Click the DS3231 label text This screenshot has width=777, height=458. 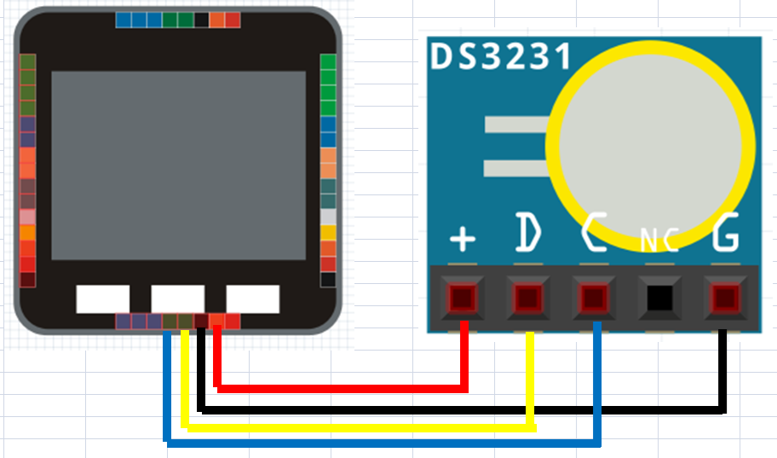pyautogui.click(x=501, y=56)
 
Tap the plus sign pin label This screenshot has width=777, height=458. pyautogui.click(x=463, y=239)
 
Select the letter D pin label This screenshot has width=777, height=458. pyautogui.click(x=527, y=231)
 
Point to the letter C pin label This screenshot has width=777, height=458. pyautogui.click(x=594, y=231)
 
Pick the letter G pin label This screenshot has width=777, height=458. pyautogui.click(x=726, y=231)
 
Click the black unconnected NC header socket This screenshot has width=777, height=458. pyautogui.click(x=659, y=299)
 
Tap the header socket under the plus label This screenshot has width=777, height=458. pyautogui.click(x=463, y=299)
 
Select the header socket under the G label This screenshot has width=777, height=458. pyautogui.click(x=725, y=299)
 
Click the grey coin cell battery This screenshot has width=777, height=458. pyautogui.click(x=650, y=145)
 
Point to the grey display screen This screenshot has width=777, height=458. pyautogui.click(x=178, y=165)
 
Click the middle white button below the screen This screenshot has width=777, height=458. pyautogui.click(x=178, y=299)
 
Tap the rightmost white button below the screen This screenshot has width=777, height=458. pyautogui.click(x=253, y=299)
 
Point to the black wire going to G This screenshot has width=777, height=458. pyautogui.click(x=461, y=410)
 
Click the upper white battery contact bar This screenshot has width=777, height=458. pyautogui.click(x=516, y=124)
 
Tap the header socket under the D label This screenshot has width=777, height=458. pyautogui.click(x=527, y=299)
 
